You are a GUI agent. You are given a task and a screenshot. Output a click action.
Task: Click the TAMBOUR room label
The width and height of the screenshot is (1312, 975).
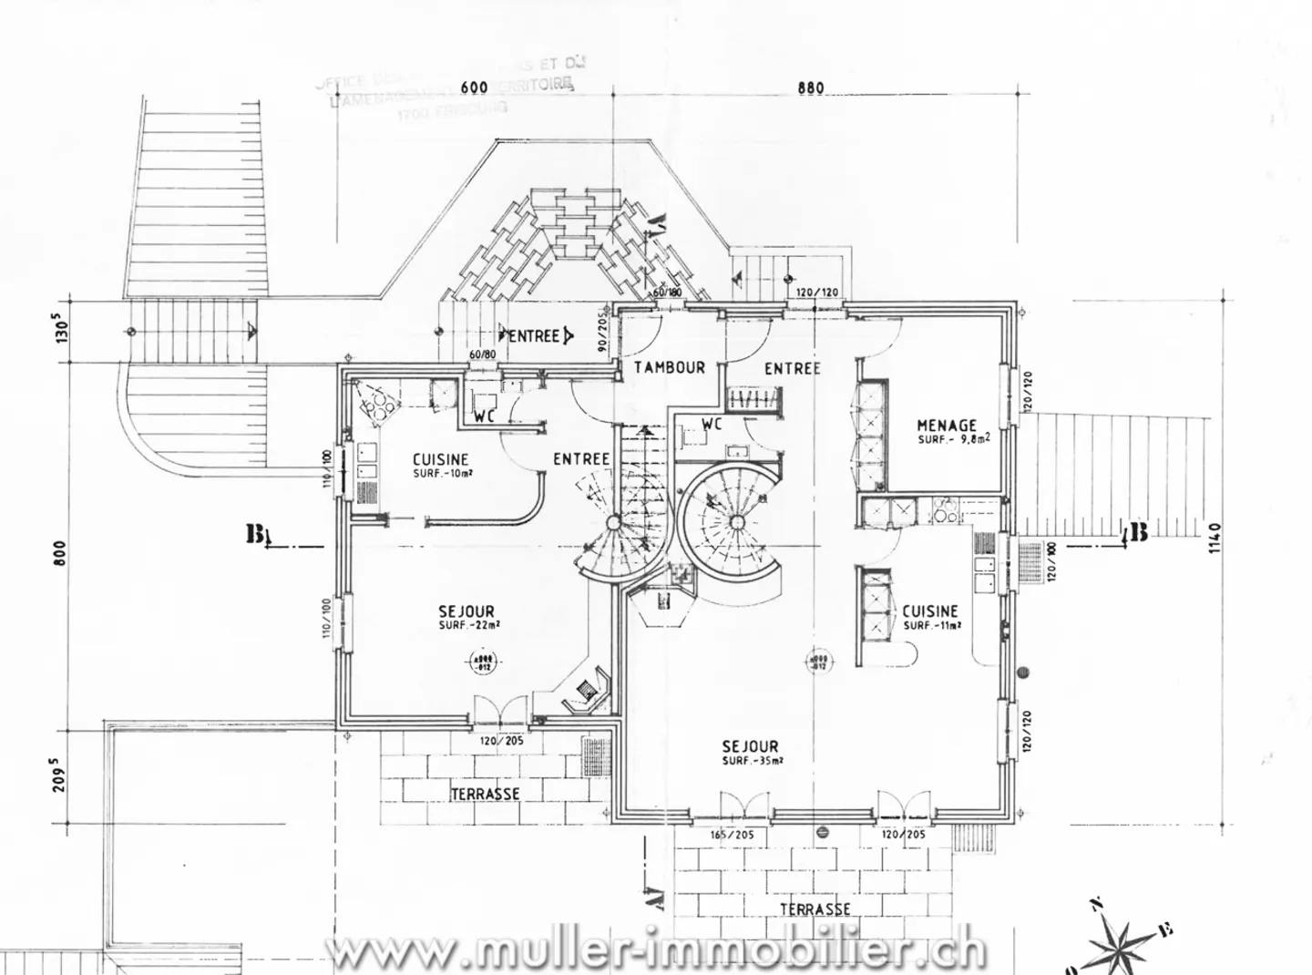pyautogui.click(x=670, y=367)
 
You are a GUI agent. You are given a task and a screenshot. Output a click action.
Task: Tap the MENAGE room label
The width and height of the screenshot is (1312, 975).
pyautogui.click(x=947, y=426)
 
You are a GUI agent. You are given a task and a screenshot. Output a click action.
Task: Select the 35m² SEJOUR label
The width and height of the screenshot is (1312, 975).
pyautogui.click(x=750, y=746)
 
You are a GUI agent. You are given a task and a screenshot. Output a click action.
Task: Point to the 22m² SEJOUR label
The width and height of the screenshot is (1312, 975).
pyautogui.click(x=466, y=611)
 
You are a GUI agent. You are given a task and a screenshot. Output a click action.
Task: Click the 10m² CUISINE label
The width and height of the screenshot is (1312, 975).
pyautogui.click(x=440, y=460)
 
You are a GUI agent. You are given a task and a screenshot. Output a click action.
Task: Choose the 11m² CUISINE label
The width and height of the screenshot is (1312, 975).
pyautogui.click(x=930, y=611)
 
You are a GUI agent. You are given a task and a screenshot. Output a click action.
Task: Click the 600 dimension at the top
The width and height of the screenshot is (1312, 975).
pyautogui.click(x=475, y=87)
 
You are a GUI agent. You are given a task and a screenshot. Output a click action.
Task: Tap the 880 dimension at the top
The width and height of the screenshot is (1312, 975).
pyautogui.click(x=810, y=88)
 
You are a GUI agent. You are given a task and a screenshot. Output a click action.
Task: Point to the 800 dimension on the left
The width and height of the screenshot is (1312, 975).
pyautogui.click(x=60, y=553)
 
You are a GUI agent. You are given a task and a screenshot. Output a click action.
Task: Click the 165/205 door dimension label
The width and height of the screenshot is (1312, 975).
pyautogui.click(x=733, y=834)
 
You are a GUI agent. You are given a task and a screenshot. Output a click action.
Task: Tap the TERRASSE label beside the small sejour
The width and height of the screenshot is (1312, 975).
pyautogui.click(x=485, y=794)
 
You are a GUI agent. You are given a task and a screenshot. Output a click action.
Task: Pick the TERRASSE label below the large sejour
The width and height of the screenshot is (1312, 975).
pyautogui.click(x=815, y=909)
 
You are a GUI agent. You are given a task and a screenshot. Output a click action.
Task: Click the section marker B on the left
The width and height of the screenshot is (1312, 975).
pyautogui.click(x=254, y=535)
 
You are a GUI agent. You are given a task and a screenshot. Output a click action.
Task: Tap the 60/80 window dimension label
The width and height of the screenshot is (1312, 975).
pyautogui.click(x=482, y=354)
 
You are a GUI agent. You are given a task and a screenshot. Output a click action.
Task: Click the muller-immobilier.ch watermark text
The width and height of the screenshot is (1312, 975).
pyautogui.click(x=656, y=951)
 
